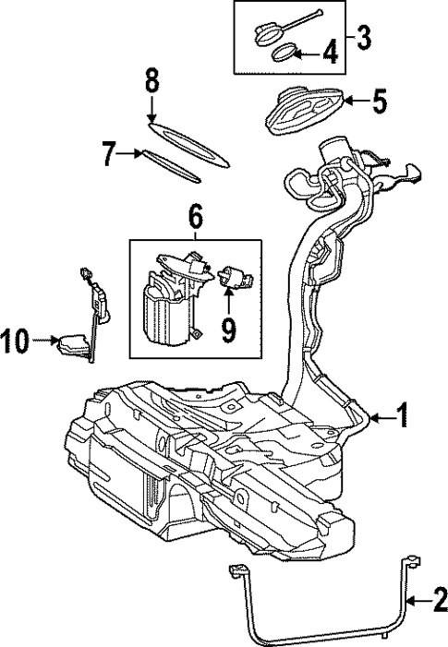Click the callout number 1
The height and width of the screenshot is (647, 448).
403,416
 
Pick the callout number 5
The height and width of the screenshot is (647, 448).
378,101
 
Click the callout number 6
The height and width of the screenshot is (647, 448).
195,218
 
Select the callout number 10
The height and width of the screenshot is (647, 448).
17,341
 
